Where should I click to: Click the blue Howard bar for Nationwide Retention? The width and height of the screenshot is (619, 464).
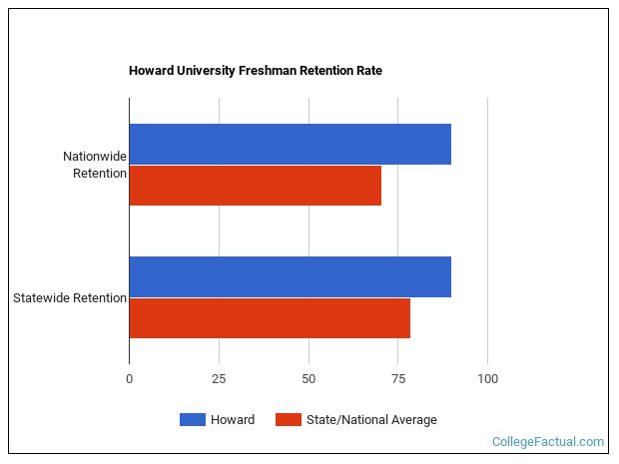(x=290, y=145)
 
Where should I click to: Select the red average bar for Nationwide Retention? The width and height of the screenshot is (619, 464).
(x=255, y=186)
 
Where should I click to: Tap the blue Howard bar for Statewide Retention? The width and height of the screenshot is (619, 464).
(x=290, y=277)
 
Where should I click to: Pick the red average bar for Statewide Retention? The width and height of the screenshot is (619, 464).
(x=270, y=318)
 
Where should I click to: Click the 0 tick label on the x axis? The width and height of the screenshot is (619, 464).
(x=129, y=379)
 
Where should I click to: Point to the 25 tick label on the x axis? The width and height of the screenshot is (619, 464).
(x=219, y=379)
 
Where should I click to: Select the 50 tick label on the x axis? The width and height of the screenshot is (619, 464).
(x=309, y=379)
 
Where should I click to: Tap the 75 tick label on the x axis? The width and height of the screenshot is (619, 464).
(x=397, y=379)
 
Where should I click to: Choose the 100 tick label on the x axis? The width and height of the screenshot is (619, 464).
(x=487, y=379)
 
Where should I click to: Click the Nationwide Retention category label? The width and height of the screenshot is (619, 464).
(x=95, y=165)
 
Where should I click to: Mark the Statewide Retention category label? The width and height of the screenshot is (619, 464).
(x=70, y=297)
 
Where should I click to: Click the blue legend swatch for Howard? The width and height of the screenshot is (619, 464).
(x=192, y=420)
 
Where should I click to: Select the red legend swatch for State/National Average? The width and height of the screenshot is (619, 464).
(x=289, y=420)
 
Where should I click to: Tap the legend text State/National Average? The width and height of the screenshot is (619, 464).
(x=372, y=420)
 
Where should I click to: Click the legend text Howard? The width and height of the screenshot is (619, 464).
(x=233, y=420)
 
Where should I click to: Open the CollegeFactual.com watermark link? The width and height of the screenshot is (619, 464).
(x=548, y=441)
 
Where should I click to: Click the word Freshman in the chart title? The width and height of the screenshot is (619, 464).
(x=269, y=71)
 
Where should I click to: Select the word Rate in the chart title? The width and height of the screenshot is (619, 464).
(x=368, y=71)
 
